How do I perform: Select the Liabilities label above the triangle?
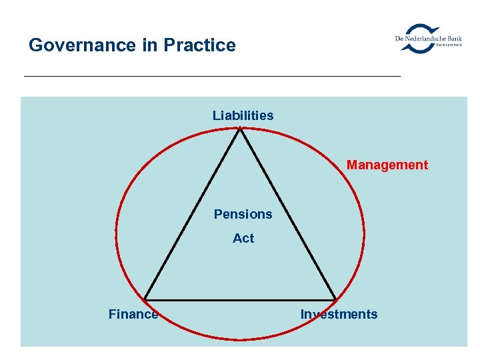(243, 115)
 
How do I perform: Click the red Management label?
(387, 165)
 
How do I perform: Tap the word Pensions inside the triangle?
(243, 214)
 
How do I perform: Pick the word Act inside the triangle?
(243, 238)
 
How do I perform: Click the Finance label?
(133, 314)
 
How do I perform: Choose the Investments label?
(339, 314)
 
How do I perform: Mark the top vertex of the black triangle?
(240, 129)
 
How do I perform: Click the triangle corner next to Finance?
(145, 299)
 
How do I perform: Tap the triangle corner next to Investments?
(335, 299)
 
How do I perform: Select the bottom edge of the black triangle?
(240, 299)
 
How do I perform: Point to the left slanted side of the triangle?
(193, 214)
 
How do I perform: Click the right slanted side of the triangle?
(287, 214)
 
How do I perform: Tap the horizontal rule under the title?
(212, 76)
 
